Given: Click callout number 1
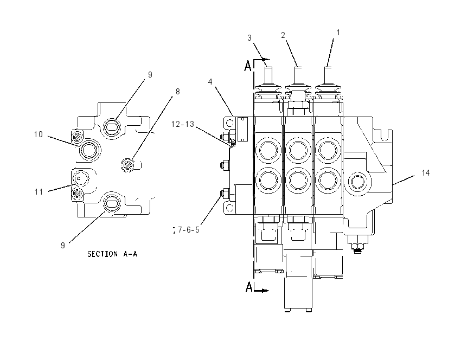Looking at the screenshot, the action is (338, 33).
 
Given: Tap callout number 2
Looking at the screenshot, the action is (283, 35).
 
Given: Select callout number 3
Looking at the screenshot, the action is (249, 38).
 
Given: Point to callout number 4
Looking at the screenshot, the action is (210, 82).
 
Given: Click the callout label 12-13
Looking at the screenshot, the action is (183, 124).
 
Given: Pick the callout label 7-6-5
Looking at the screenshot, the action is (188, 230).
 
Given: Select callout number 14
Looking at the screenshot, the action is (425, 173).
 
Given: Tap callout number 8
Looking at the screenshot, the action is (177, 92).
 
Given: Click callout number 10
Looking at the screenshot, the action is (38, 134).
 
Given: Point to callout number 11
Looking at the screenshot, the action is (39, 192).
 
